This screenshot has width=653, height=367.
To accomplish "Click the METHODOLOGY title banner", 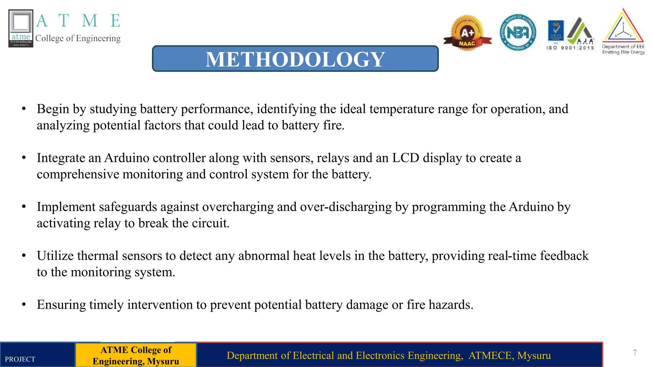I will click(x=295, y=59).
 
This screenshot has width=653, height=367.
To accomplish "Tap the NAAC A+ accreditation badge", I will click(x=467, y=33).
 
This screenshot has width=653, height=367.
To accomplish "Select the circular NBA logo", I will click(x=518, y=33).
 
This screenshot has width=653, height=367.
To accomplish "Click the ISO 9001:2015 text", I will click(x=570, y=48).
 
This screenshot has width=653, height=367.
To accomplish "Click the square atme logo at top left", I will click(x=21, y=28).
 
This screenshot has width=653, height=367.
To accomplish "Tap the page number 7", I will click(x=635, y=352).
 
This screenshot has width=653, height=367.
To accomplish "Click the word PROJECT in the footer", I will click(x=20, y=359).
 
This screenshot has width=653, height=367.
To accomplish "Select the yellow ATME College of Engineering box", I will click(x=136, y=355).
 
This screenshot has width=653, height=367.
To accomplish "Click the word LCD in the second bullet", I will click(x=405, y=158).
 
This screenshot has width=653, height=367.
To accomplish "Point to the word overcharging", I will click(x=238, y=207).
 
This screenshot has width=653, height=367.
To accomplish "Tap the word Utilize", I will click(x=55, y=256).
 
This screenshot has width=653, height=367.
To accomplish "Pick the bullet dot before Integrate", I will click(x=24, y=158).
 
